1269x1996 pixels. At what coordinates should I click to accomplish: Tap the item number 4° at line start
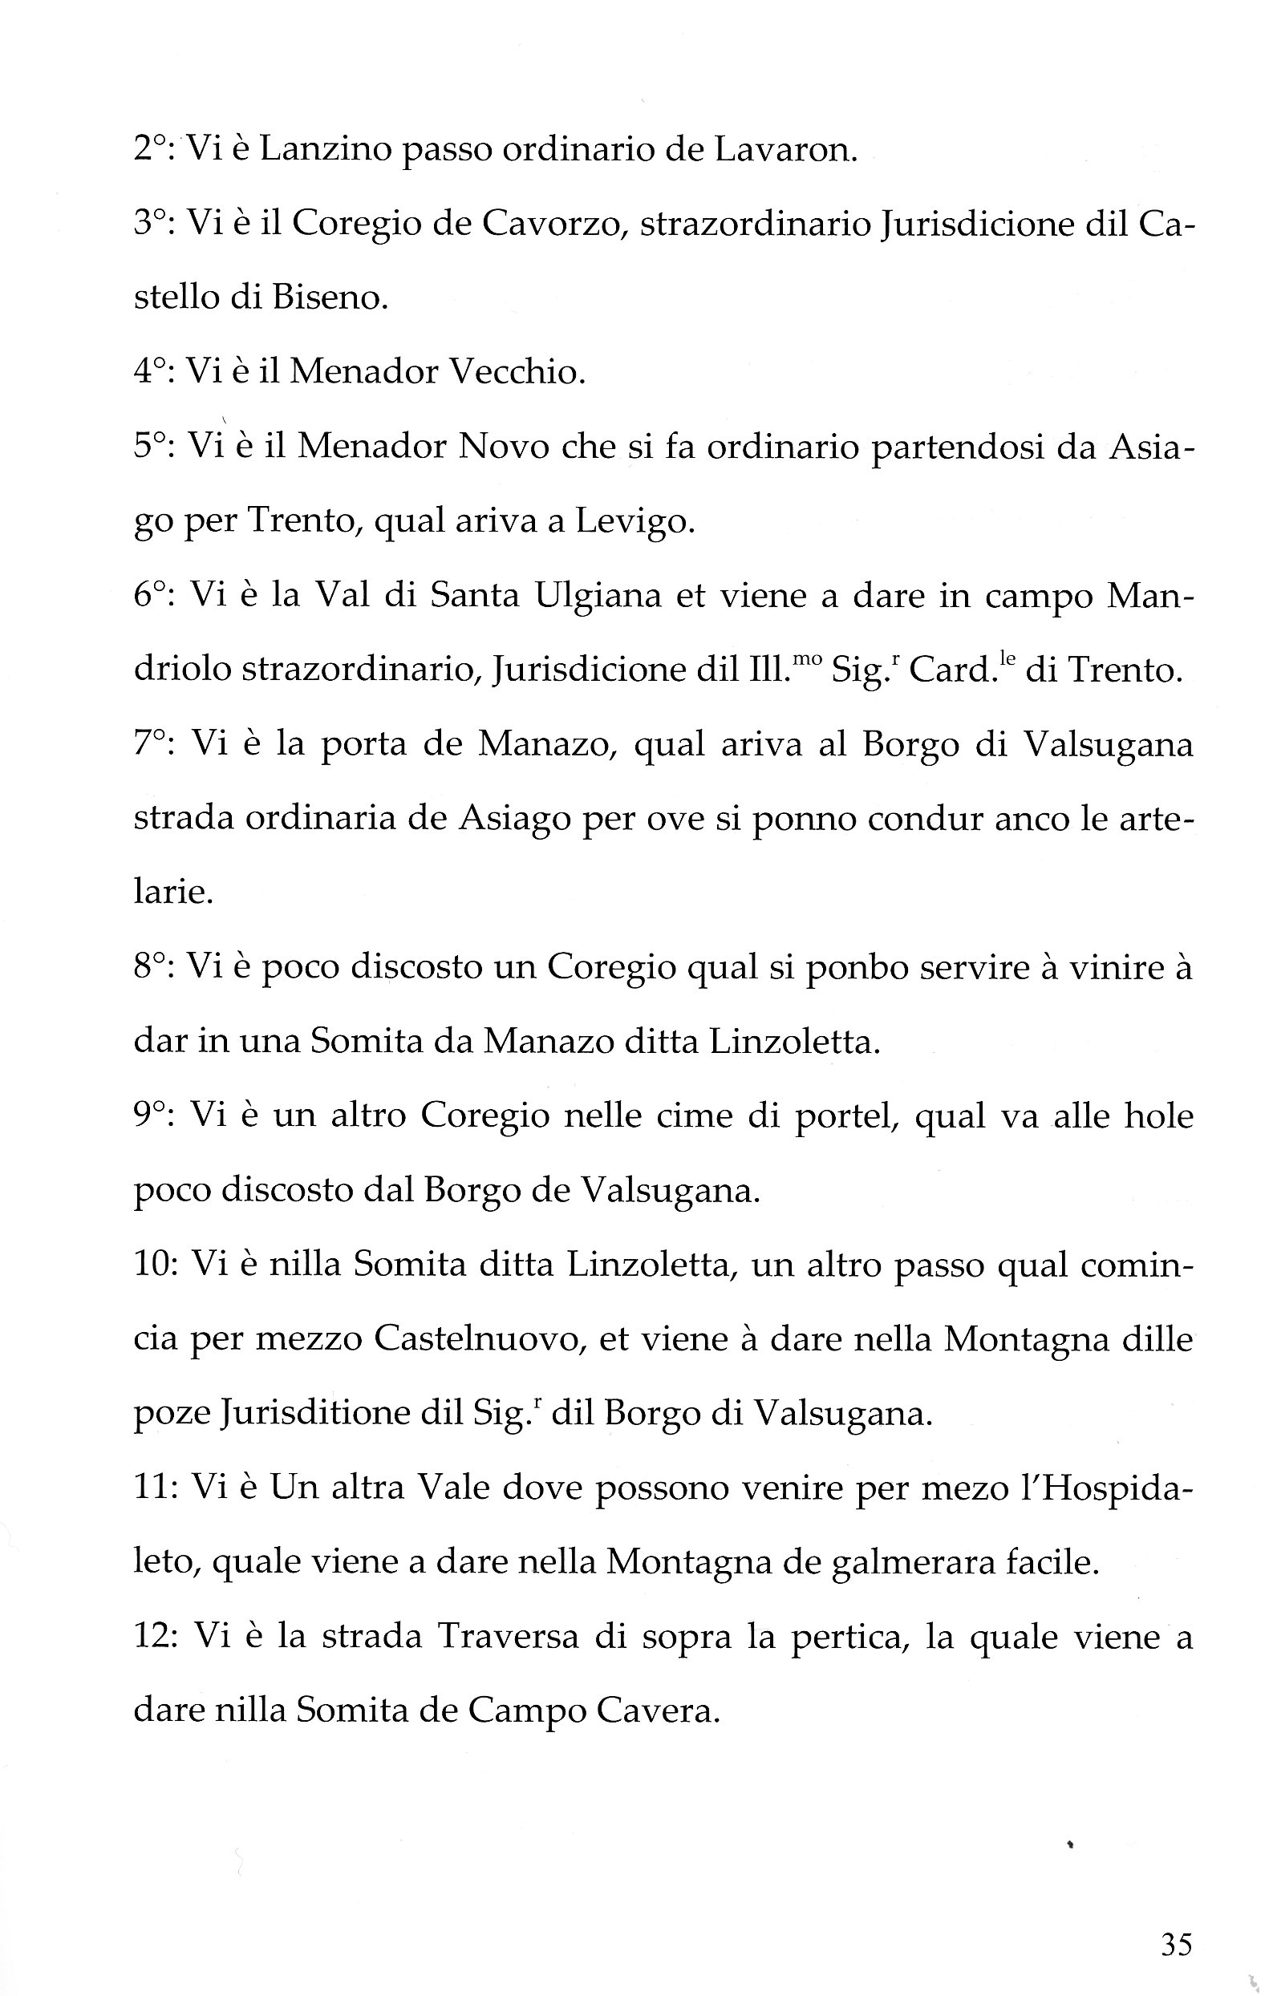tap(153, 372)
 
